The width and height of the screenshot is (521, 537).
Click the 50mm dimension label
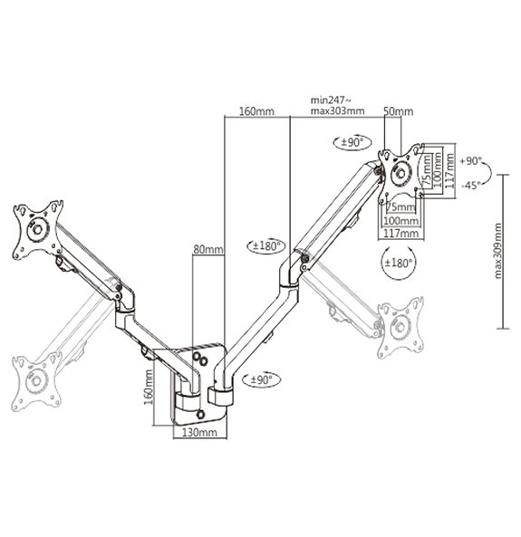point(398,111)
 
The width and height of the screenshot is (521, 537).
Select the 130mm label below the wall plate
point(199,432)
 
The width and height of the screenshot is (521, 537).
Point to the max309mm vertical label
point(498,251)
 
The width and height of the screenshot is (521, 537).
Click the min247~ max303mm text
point(337,106)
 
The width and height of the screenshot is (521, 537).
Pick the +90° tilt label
point(471,160)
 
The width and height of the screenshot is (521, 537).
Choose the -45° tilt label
point(471,186)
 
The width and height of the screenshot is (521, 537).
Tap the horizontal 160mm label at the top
point(256,111)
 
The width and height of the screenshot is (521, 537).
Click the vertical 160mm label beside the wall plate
point(149,387)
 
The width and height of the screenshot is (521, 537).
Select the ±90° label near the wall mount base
point(261,379)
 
